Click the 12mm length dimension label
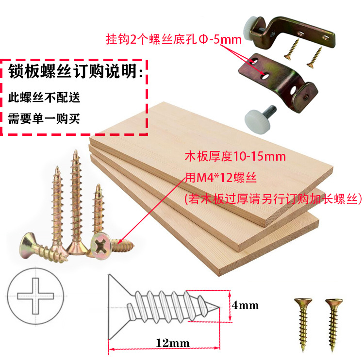pyautogui.click(x=172, y=343)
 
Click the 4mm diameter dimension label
pyautogui.click(x=245, y=305)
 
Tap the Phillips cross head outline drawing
pyautogui.click(x=35, y=296)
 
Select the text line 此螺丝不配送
pyautogui.click(x=44, y=97)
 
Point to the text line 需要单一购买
pyautogui.click(x=44, y=118)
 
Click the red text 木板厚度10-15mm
pyautogui.click(x=235, y=156)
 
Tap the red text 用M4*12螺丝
pyautogui.click(x=221, y=178)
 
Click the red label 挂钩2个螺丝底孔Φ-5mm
pyautogui.click(x=174, y=39)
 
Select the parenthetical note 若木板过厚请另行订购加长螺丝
pyautogui.click(x=273, y=199)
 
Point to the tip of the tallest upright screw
pyautogui.click(x=75, y=150)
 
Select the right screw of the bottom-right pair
pyautogui.click(x=334, y=325)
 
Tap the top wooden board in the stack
pyautogui.click(x=211, y=164)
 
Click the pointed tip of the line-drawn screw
pyautogui.click(x=219, y=308)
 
